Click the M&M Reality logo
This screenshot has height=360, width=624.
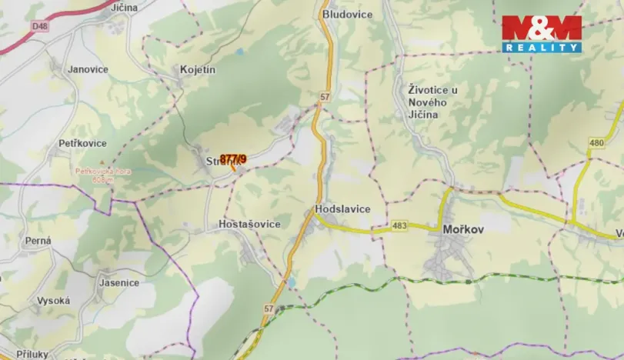point(542,34)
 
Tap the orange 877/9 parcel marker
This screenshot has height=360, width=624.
point(232,159)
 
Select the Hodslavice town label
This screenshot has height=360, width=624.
point(342,209)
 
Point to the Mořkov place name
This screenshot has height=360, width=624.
point(463,229)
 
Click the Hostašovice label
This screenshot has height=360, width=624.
point(244,224)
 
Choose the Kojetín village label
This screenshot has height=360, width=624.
point(198,69)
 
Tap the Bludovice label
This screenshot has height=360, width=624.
point(347,14)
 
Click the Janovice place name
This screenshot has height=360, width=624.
point(88,69)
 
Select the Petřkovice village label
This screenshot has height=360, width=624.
point(82,144)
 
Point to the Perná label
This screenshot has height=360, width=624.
point(38,241)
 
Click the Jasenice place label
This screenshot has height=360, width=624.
point(119,282)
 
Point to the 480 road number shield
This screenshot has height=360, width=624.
point(596,142)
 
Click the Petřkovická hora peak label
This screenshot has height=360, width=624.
point(103,175)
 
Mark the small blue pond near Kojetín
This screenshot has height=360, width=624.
point(240,52)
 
